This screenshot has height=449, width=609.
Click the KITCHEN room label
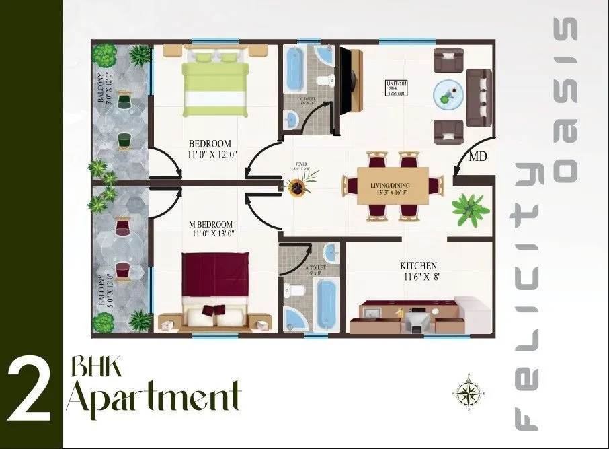[x=418, y=266]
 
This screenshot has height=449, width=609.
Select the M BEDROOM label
[x=210, y=224]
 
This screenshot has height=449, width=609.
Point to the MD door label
[x=478, y=157]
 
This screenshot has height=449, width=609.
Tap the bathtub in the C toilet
[x=294, y=69]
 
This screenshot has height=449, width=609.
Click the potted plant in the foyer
[x=296, y=182]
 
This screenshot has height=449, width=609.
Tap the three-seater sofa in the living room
[x=479, y=97]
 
